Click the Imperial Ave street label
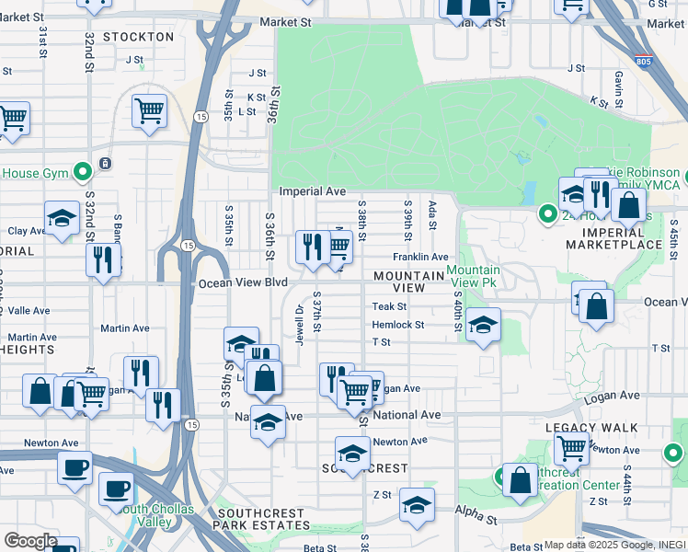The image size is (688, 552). pos(313,191)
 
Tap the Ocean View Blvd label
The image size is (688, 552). pos(244,283)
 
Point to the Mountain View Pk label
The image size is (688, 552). pos(472,276)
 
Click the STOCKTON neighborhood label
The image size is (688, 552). pos(139,37)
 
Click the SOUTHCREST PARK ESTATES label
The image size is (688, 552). pos(262,519)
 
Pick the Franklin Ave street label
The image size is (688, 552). pos(420,257)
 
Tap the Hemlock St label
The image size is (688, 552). pos(397,325)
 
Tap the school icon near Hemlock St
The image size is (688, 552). pos(483,325)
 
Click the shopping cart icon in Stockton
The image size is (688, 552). pos(149,111)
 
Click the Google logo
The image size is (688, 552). pos(31,541)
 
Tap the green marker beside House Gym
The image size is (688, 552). pos(83,171)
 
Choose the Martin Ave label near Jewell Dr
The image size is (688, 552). pos(125,328)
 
